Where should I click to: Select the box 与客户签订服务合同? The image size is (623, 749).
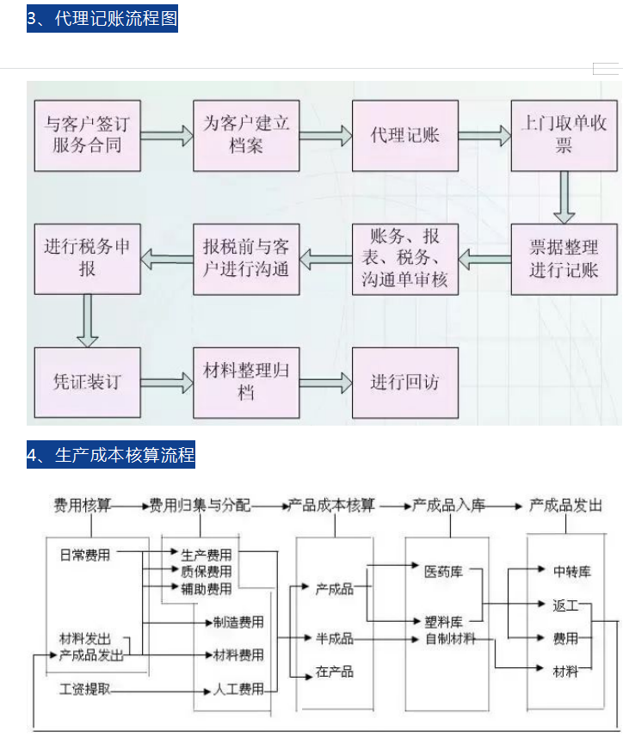point(87,135)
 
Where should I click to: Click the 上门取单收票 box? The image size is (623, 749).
point(564,135)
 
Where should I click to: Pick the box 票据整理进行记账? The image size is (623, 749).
point(564,259)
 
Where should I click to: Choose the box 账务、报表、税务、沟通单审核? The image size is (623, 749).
point(404,259)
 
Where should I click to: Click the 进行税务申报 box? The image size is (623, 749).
point(87,259)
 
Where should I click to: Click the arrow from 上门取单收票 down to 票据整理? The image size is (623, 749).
point(564,197)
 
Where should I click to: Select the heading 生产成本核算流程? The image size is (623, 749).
point(111,455)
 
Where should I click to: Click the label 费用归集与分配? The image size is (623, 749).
point(200,506)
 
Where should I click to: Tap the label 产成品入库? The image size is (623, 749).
point(448,506)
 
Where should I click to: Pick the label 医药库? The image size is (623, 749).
point(443,571)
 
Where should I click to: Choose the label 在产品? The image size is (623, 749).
point(334,672)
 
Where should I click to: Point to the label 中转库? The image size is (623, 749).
point(571,571)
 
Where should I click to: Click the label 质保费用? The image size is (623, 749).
point(206,572)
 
